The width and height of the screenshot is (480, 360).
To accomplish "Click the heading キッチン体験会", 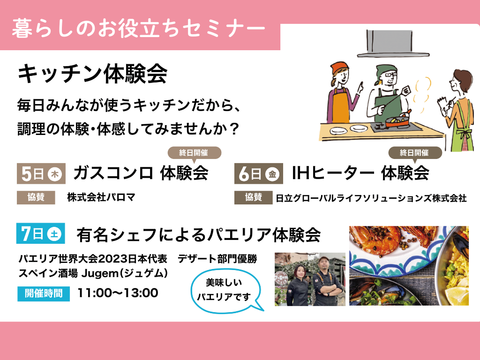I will pos(92,74).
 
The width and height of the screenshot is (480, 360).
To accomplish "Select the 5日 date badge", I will pos(41,174).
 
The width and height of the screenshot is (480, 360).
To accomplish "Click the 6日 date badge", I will pos(258,174).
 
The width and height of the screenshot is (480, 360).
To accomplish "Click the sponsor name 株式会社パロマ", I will pos(101,197).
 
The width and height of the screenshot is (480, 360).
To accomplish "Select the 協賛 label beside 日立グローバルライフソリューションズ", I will pos(254,198).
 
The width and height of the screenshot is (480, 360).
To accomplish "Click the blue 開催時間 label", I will pos(43,293).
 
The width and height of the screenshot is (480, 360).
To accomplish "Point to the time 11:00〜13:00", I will pos(118,293).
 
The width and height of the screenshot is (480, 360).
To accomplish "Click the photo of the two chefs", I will pos(310,279).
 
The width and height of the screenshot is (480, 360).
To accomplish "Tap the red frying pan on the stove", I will pos(397,123).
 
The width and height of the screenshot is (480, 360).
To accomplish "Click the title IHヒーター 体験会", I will pos(360,174).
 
